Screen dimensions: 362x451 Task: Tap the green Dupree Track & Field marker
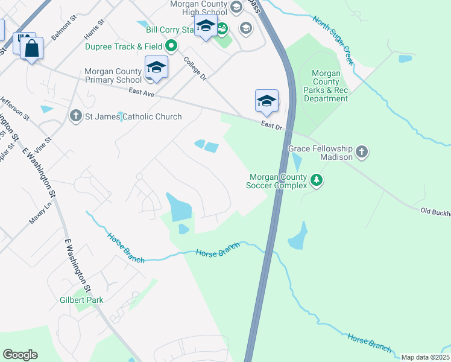172,46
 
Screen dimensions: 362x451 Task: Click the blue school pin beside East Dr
266,101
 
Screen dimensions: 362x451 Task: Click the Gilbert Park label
81,300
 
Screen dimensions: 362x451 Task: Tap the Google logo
20,355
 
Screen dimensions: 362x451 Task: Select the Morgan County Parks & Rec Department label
326,86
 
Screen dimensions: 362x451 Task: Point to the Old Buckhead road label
435,211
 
